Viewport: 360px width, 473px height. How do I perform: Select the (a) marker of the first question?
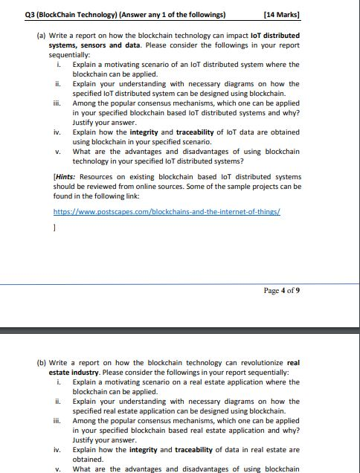coord(41,36)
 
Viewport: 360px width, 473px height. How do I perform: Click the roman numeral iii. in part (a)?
coord(58,103)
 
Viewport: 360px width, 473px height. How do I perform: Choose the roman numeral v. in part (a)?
coord(59,152)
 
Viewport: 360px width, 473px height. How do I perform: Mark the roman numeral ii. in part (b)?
coord(58,401)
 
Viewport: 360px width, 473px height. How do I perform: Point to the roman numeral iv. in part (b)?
coord(58,449)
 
